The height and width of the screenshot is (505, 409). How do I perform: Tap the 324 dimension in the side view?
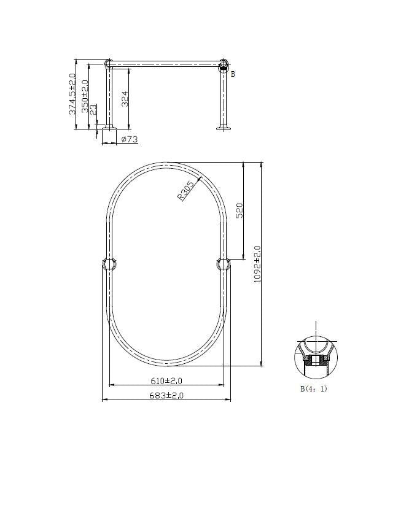[x=125, y=99]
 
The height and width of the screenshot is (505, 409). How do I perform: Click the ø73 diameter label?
[x=128, y=140]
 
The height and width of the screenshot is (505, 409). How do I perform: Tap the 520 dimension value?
[x=240, y=210]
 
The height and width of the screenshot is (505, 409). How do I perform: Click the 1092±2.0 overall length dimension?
[x=257, y=264]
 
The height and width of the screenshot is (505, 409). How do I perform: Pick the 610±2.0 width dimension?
[x=166, y=381]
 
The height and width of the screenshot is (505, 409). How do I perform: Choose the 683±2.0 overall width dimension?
[x=166, y=396]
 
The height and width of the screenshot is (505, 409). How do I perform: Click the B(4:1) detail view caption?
[x=313, y=388]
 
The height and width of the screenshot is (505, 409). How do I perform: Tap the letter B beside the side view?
[x=233, y=74]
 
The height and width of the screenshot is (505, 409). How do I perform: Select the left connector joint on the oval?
[x=110, y=264]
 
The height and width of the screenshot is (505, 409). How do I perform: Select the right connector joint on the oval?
[x=224, y=264]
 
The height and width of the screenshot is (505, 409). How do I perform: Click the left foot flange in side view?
[x=109, y=128]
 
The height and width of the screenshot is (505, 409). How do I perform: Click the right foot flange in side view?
[x=224, y=128]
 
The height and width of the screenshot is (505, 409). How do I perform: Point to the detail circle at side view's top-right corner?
[x=224, y=64]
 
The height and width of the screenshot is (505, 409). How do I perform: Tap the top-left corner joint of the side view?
[x=109, y=63]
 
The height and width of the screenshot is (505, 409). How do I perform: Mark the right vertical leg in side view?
[x=224, y=98]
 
